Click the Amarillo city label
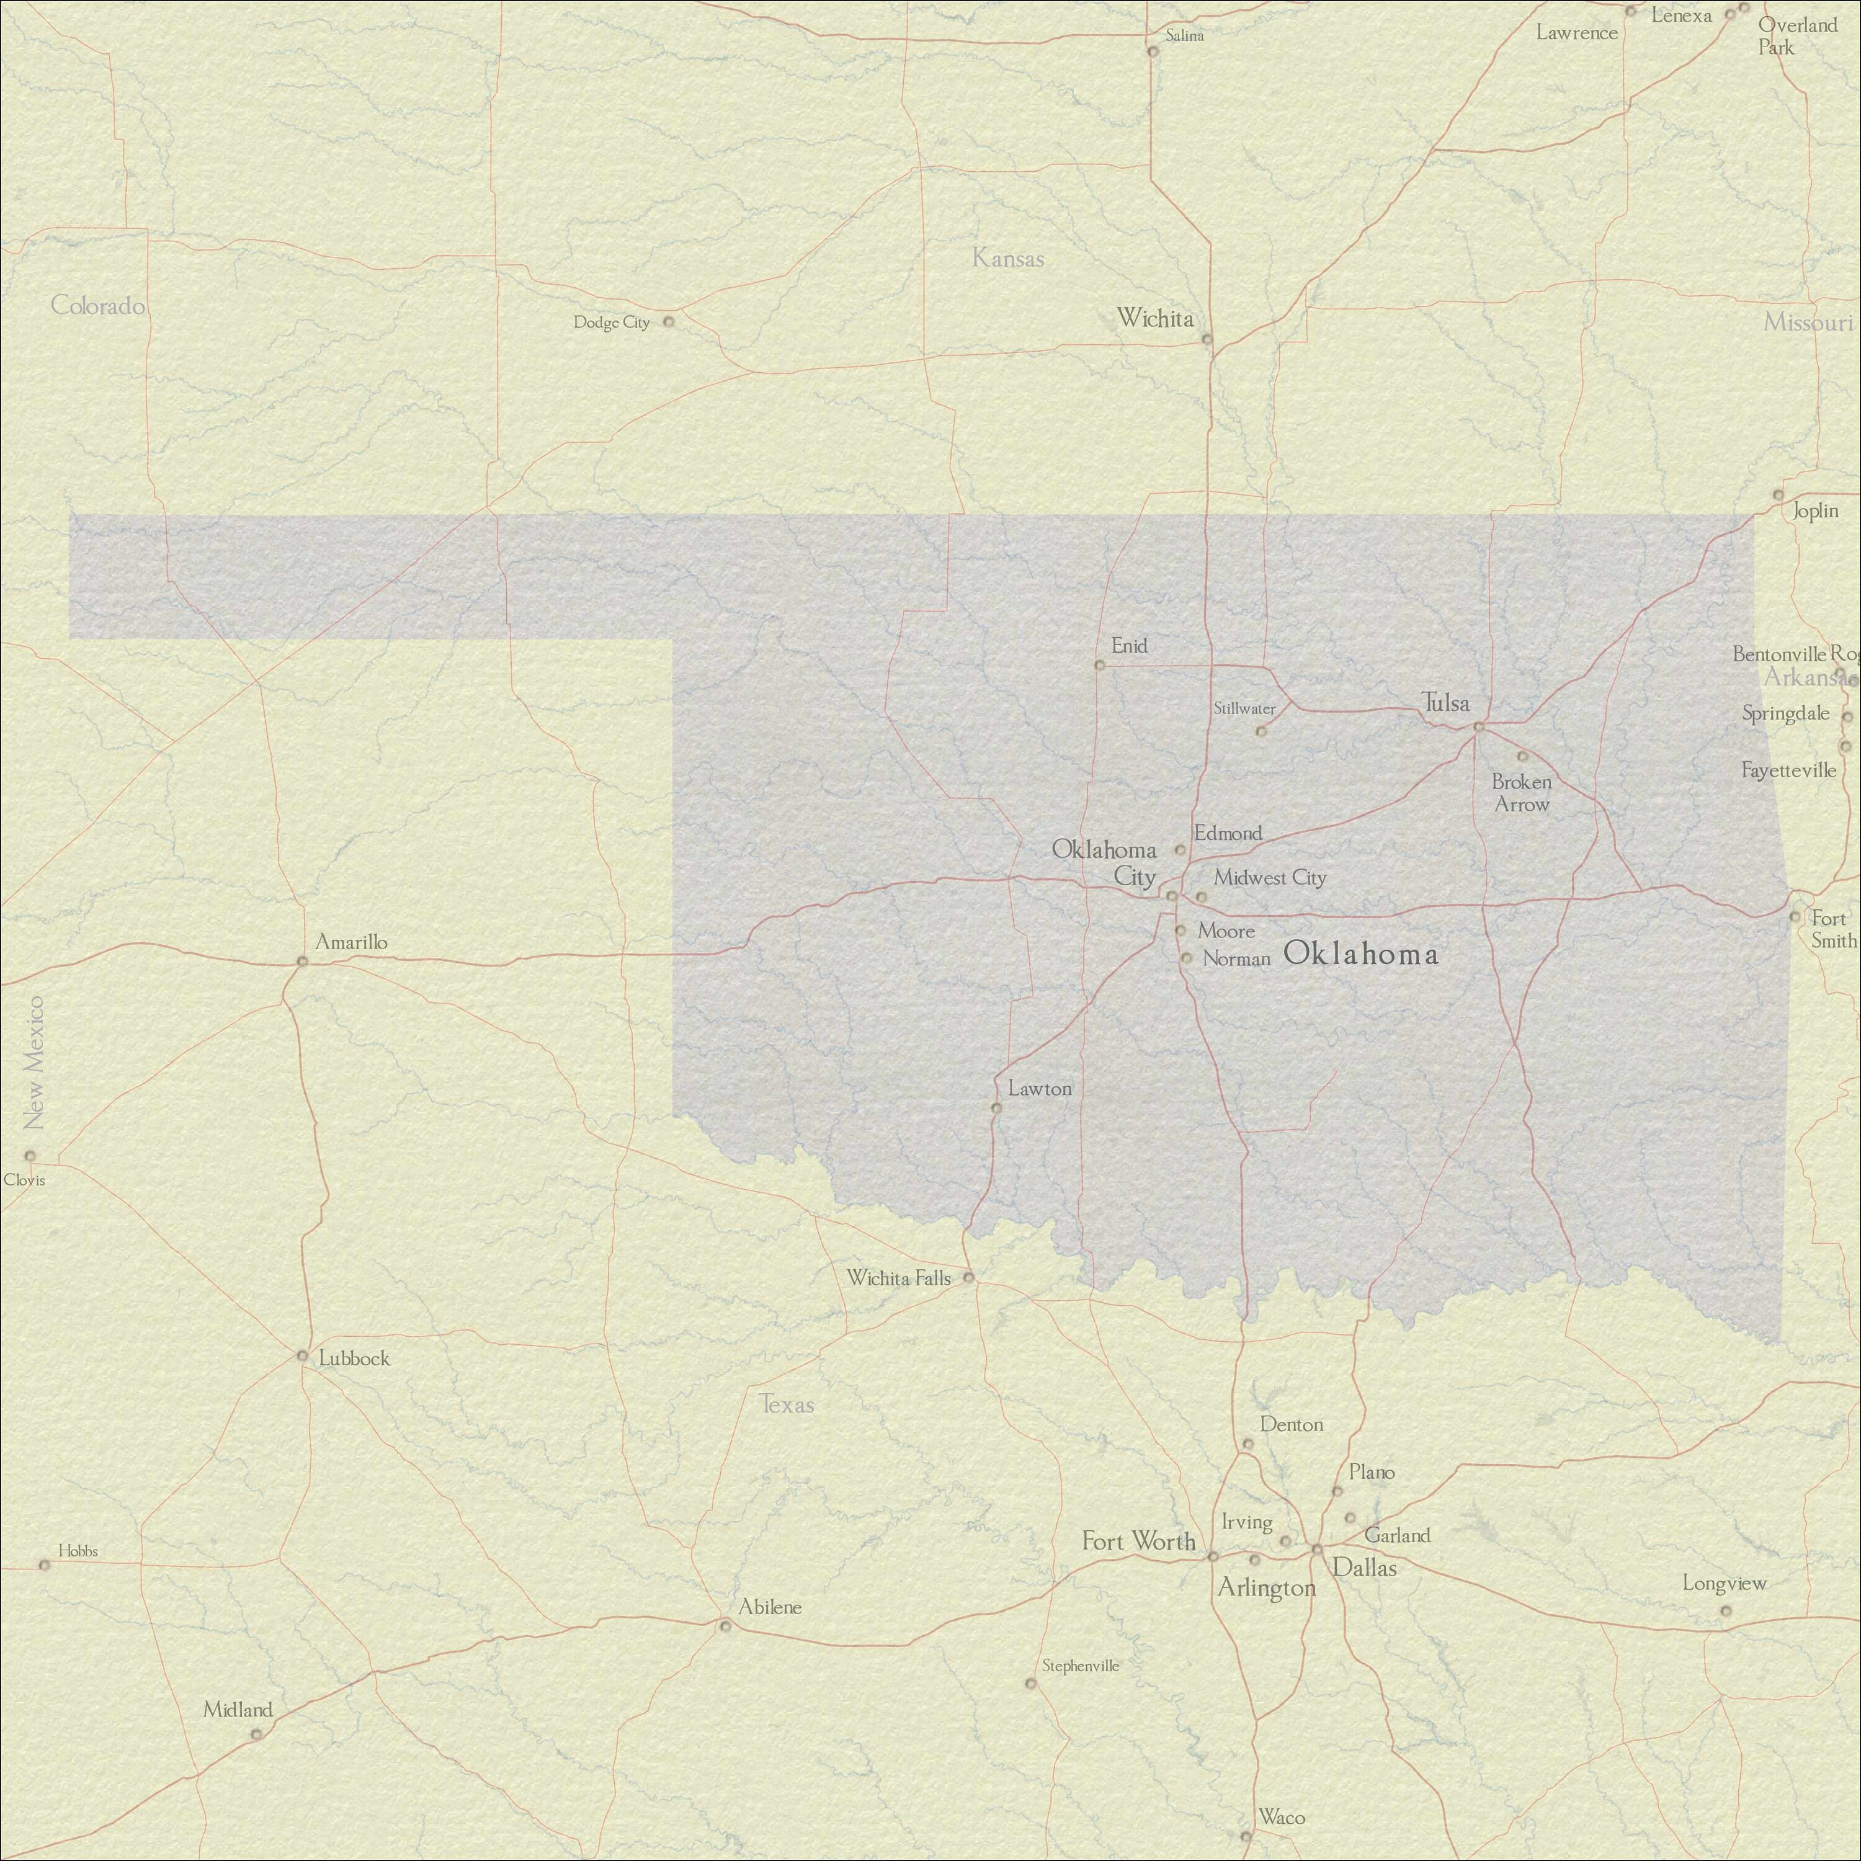pos(352,942)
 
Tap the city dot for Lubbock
pos(301,1356)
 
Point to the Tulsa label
pos(1446,703)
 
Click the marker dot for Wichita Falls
pos(969,1279)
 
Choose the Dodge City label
pos(612,322)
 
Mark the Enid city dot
pos(1099,664)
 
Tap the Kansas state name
pos(1007,258)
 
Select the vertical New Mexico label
pos(35,1063)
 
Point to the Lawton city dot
pos(996,1108)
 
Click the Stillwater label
pos(1244,709)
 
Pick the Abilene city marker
pos(725,1626)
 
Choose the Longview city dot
pos(1725,1610)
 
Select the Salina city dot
pos(1152,51)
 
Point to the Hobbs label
pos(78,1551)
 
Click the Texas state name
pos(788,1404)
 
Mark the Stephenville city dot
pos(1030,1684)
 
